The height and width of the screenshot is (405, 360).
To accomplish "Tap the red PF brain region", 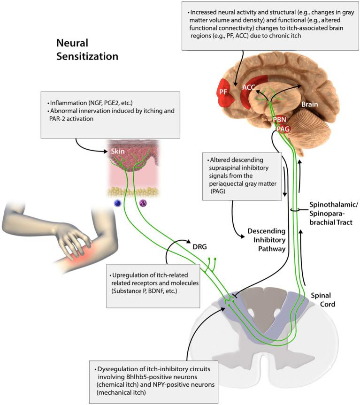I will click(224, 92).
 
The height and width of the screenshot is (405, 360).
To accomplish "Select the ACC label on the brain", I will click(249, 87).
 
